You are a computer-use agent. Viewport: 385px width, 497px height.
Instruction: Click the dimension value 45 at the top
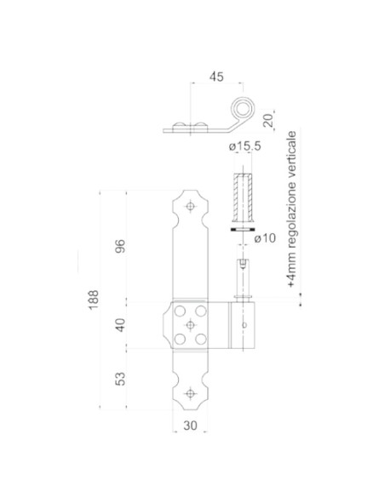coord(215,77)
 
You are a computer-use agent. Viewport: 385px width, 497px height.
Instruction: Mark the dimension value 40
coord(120,324)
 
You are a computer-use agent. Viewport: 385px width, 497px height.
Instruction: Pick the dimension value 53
coord(120,376)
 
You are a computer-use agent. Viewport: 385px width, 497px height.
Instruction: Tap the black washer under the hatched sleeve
coord(242,229)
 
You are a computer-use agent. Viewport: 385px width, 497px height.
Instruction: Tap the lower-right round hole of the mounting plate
coord(201,339)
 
